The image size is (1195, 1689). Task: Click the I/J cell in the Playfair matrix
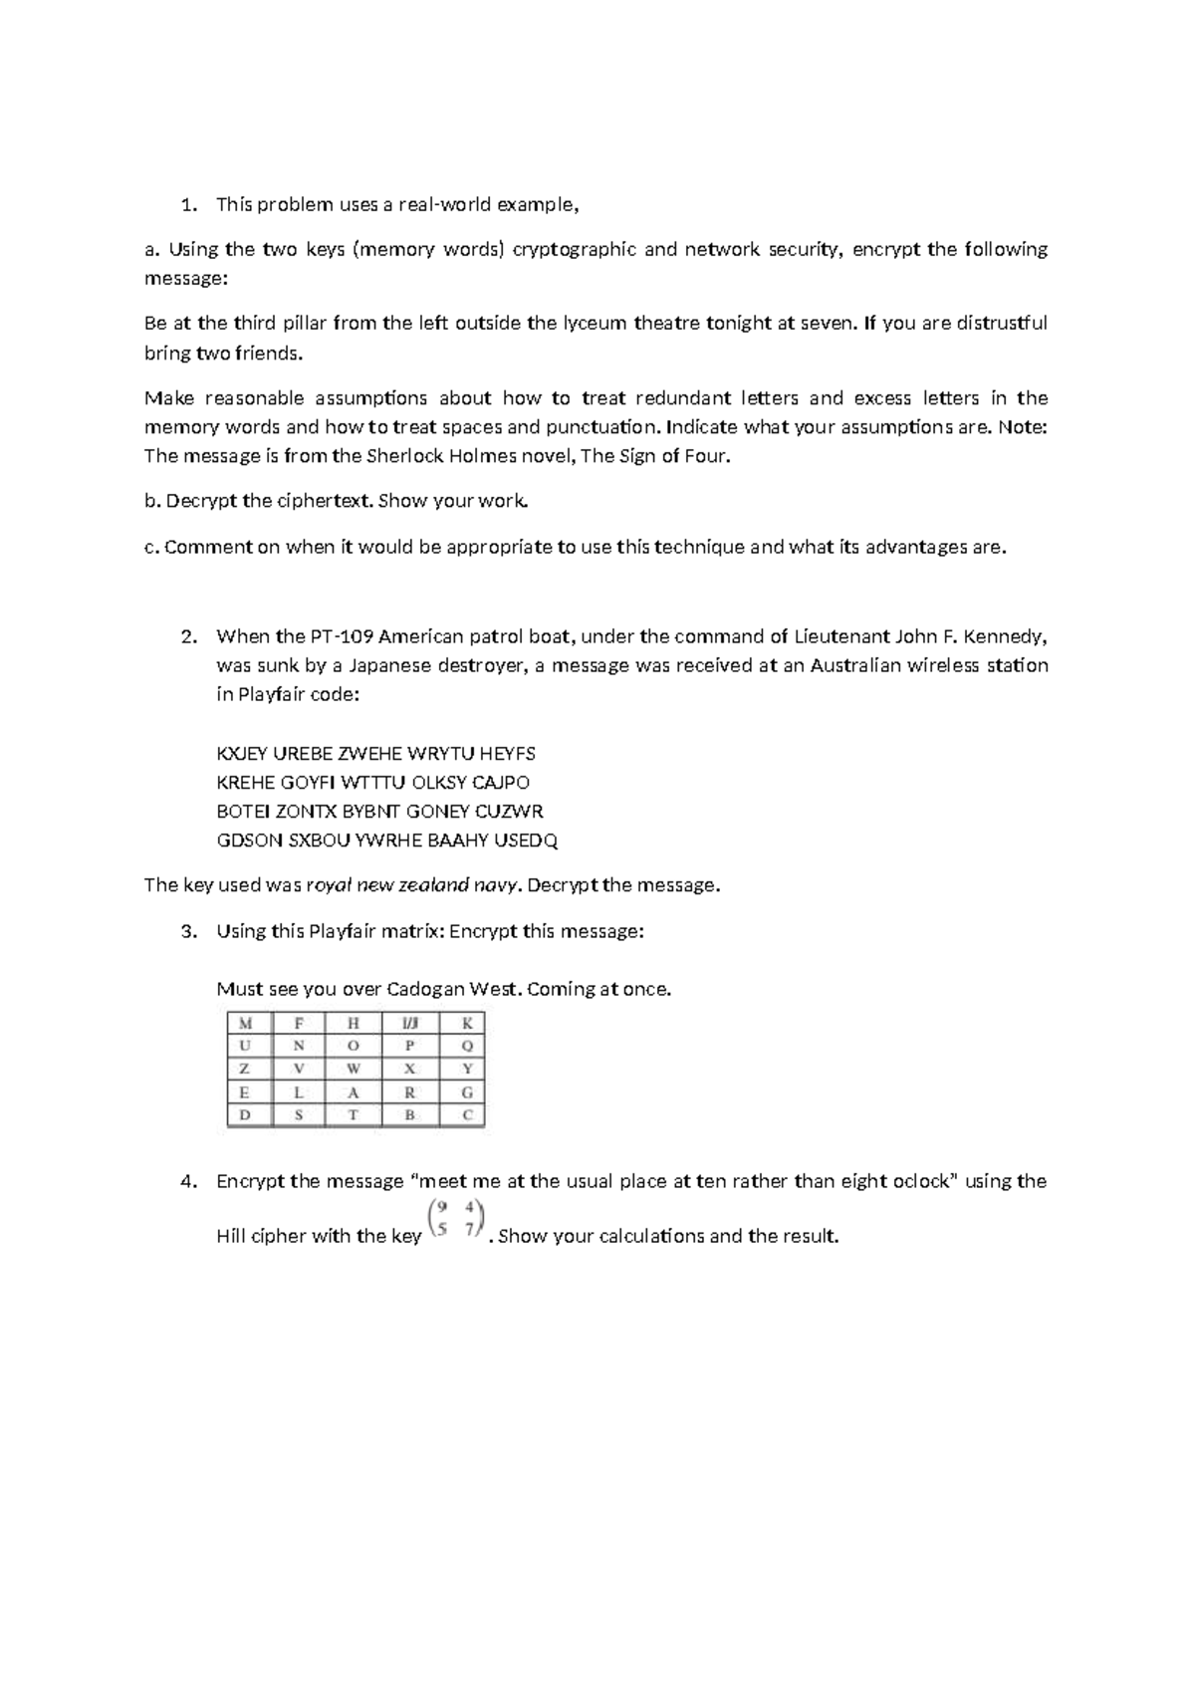pos(410,1023)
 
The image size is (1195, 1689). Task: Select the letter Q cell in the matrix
pos(467,1047)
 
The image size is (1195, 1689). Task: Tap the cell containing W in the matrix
pos(354,1069)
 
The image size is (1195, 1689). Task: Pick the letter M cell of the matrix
pos(245,1023)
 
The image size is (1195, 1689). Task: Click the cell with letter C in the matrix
pos(467,1115)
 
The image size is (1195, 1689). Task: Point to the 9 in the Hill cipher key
pos(441,1208)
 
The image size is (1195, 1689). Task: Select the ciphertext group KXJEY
pos(242,754)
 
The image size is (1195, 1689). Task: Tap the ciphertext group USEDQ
pos(527,841)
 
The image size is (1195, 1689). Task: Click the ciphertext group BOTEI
pos(242,812)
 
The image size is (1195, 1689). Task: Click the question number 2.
pos(187,636)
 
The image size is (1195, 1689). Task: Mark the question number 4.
pos(187,1182)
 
